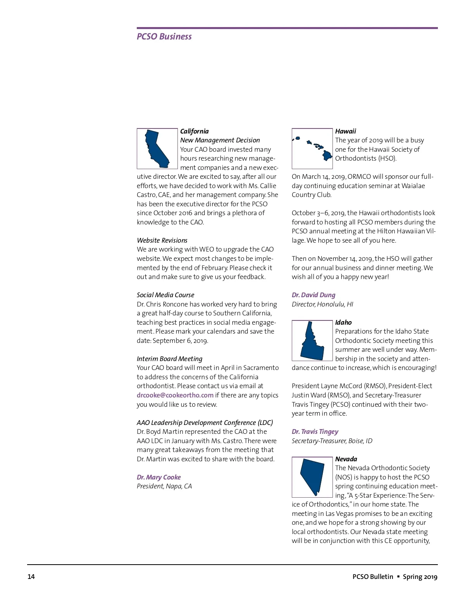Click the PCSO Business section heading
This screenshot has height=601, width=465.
(164, 36)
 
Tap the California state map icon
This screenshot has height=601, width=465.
(157, 149)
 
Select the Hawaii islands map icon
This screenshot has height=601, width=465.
(312, 149)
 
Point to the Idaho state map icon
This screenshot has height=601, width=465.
(312, 341)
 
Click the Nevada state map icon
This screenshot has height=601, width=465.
(312, 477)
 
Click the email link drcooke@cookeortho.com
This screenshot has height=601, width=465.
(175, 395)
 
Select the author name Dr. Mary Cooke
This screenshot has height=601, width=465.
(158, 477)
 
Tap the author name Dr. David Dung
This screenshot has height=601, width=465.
(313, 295)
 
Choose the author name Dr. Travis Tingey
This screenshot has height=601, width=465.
(315, 431)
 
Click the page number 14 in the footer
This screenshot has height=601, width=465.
(31, 577)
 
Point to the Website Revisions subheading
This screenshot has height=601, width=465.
(162, 240)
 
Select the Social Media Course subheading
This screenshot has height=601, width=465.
(165, 295)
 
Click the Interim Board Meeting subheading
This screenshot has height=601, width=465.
(169, 359)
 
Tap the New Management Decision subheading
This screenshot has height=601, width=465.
(220, 140)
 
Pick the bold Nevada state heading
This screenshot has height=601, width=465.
(346, 459)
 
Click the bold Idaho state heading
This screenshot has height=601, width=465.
(343, 322)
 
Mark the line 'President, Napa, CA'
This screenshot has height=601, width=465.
(164, 486)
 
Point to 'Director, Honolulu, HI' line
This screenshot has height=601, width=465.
(322, 304)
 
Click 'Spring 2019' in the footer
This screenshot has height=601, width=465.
(420, 577)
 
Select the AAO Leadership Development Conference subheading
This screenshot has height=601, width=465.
(205, 423)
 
